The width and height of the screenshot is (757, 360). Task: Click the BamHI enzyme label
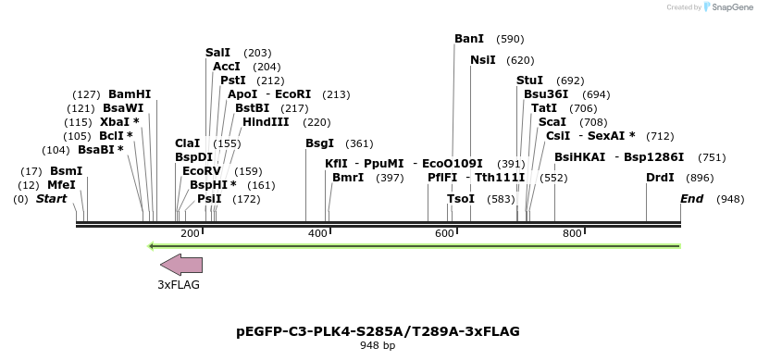tap(130, 94)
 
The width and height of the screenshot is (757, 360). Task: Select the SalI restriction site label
tap(217, 53)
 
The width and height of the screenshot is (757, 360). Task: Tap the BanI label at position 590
tap(469, 39)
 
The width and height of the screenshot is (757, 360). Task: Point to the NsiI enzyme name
tap(483, 60)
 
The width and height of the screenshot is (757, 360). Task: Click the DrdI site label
tap(660, 178)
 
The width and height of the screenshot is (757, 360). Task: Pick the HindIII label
tap(266, 122)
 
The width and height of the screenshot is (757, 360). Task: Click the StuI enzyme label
tap(529, 81)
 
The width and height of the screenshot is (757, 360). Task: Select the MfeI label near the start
tap(61, 185)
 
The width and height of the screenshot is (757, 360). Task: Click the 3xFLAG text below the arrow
tap(179, 285)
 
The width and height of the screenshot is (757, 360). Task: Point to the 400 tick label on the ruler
tap(317, 233)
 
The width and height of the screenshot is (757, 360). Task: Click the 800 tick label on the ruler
tap(571, 233)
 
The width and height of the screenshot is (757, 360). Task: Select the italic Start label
tap(52, 199)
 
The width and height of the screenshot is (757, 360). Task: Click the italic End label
tap(691, 199)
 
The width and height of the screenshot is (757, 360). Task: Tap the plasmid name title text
tap(378, 331)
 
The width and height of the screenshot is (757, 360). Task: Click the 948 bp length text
tap(378, 346)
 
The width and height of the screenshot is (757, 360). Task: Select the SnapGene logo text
tap(730, 7)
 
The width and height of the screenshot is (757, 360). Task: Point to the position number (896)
tap(700, 178)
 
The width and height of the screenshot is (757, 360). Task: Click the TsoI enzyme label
tap(460, 199)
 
